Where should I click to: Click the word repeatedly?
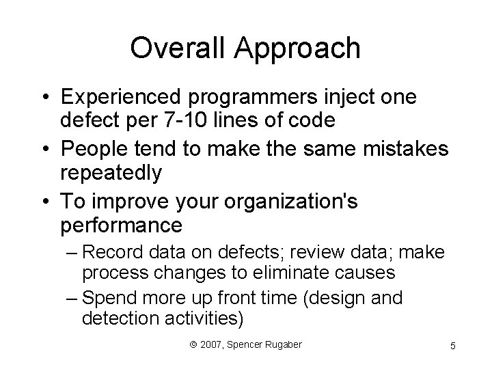[111, 173]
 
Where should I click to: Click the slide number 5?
[453, 347]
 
